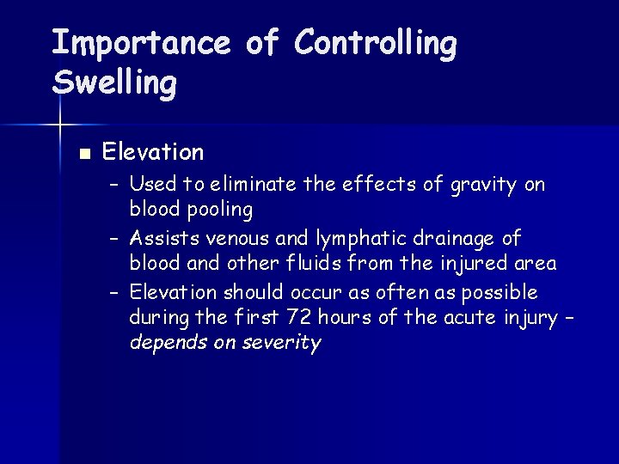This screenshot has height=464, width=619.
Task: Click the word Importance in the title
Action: pyautogui.click(x=141, y=43)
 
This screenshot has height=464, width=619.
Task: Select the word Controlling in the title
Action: pyautogui.click(x=375, y=43)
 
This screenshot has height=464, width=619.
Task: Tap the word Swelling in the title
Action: pyautogui.click(x=114, y=83)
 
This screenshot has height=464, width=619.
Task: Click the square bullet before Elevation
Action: pyautogui.click(x=83, y=155)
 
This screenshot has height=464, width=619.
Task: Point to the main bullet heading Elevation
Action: pyautogui.click(x=153, y=152)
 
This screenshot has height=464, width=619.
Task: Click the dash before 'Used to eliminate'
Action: pyautogui.click(x=115, y=184)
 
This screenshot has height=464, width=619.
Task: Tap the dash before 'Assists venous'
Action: pyautogui.click(x=115, y=237)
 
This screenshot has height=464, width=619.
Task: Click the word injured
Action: pyautogui.click(x=474, y=264)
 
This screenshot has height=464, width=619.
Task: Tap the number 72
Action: pyautogui.click(x=299, y=317)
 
